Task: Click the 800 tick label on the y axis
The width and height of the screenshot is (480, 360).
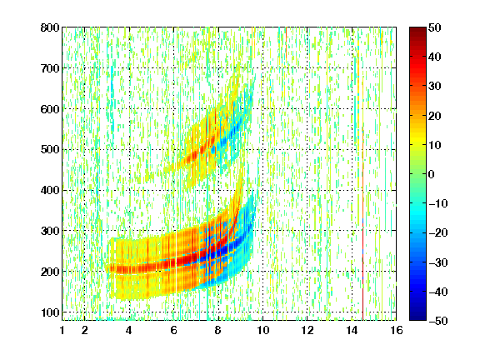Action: point(50,27)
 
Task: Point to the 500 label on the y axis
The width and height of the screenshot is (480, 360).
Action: point(50,150)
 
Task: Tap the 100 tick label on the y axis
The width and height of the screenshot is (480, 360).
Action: point(50,312)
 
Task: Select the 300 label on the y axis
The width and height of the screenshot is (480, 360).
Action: point(50,231)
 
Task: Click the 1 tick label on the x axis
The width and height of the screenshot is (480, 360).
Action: point(62,330)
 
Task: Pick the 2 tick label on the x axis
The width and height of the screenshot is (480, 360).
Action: point(84,330)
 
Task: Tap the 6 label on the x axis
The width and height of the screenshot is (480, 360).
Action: point(173,330)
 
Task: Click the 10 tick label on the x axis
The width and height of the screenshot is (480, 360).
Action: point(262,330)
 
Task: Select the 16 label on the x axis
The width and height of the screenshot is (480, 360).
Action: point(396,330)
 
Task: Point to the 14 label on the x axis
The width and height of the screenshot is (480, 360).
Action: point(352,330)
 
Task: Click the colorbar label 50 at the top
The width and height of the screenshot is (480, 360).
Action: point(434,27)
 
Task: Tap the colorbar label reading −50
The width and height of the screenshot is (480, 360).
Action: point(438,321)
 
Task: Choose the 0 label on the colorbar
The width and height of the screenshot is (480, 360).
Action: point(431,174)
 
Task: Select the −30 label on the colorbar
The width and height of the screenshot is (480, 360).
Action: point(438,262)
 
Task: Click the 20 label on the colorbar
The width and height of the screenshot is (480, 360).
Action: point(434,116)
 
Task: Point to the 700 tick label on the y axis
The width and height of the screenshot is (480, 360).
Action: point(50,68)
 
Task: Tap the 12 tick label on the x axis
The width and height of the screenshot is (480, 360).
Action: point(307,330)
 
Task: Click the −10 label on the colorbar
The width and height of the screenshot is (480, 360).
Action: point(438,203)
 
